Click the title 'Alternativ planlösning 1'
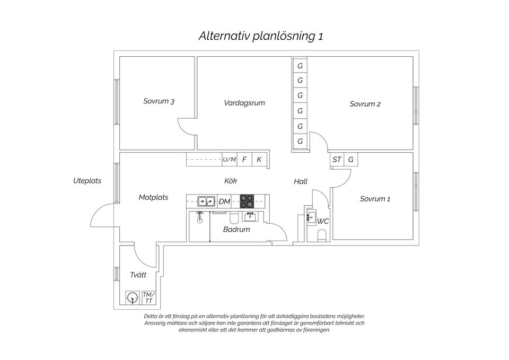point(260,37)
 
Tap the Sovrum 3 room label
point(159,101)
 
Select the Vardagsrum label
point(244,103)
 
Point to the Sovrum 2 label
point(365,104)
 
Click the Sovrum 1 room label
point(375,199)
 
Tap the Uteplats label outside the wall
point(87,181)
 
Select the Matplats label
point(153,197)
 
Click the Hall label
point(301,181)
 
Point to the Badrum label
point(236,230)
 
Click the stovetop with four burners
point(247,201)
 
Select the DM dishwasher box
point(224,201)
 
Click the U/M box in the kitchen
point(229,159)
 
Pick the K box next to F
point(259,159)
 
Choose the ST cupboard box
point(337,159)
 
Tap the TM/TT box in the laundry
point(149,297)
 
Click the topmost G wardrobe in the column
point(300,66)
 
